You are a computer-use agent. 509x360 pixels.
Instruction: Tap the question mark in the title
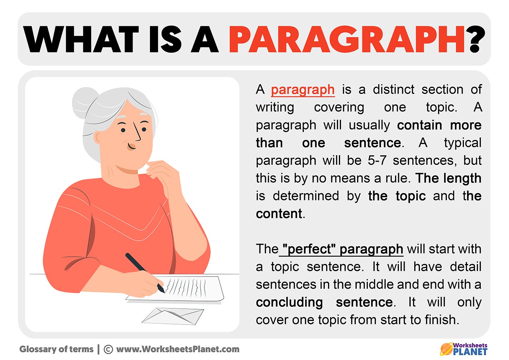pyautogui.click(x=477, y=39)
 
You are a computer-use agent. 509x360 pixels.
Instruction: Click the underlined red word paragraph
pyautogui.click(x=303, y=90)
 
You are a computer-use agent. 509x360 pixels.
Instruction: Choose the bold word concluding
pyautogui.click(x=289, y=303)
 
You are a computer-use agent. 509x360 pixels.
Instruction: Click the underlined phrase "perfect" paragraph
pyautogui.click(x=343, y=249)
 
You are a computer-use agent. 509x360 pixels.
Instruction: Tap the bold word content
pyautogui.click(x=279, y=214)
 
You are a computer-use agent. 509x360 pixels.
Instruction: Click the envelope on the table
pyautogui.click(x=173, y=316)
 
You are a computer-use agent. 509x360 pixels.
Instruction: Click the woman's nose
pyautogui.click(x=137, y=132)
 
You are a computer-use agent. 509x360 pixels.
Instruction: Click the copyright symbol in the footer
pyautogui.click(x=108, y=350)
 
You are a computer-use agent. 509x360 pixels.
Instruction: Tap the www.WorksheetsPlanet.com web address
pyautogui.click(x=178, y=350)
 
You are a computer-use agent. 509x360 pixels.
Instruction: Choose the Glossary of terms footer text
pyautogui.click(x=56, y=350)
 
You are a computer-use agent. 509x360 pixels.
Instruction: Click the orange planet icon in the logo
pyautogui.click(x=447, y=349)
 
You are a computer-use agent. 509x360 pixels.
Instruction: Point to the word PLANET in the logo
pyautogui.click(x=470, y=352)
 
